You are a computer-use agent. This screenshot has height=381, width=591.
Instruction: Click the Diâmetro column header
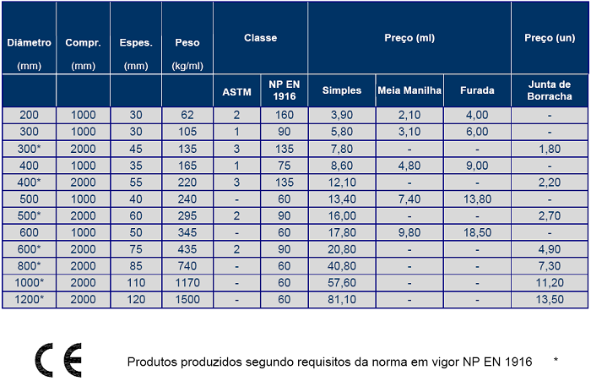pyautogui.click(x=29, y=42)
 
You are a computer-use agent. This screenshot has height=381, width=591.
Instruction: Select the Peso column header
pyautogui.click(x=187, y=42)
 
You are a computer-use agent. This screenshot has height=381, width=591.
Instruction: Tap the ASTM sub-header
pyautogui.click(x=236, y=92)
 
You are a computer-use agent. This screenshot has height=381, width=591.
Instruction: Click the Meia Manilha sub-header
pyautogui.click(x=409, y=90)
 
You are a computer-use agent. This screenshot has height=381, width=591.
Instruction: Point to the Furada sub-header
pyautogui.click(x=477, y=90)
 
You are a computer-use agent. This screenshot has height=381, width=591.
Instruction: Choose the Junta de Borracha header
pyautogui.click(x=550, y=90)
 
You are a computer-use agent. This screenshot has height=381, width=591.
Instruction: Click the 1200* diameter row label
pyautogui.click(x=29, y=300)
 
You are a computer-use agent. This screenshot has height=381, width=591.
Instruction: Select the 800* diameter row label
pyautogui.click(x=29, y=266)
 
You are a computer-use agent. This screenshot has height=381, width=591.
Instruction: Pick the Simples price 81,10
pyautogui.click(x=342, y=300)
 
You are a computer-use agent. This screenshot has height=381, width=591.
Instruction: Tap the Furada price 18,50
pyautogui.click(x=477, y=232)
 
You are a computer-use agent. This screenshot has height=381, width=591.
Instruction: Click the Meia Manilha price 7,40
pyautogui.click(x=409, y=199)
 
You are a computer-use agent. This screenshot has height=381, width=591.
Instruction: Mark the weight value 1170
pyautogui.click(x=187, y=283)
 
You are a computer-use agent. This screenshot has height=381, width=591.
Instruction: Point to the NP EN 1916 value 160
pyautogui.click(x=285, y=115)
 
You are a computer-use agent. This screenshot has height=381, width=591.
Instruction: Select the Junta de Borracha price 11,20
pyautogui.click(x=550, y=283)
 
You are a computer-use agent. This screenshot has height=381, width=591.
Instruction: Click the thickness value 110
pyautogui.click(x=136, y=283)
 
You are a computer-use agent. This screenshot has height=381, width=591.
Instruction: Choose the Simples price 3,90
pyautogui.click(x=342, y=115)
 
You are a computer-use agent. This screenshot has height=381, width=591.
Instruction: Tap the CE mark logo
pyautogui.click(x=58, y=360)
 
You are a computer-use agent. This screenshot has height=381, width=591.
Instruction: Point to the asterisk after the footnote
pyautogui.click(x=556, y=360)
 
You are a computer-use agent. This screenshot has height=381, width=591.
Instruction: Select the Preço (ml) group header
pyautogui.click(x=409, y=38)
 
